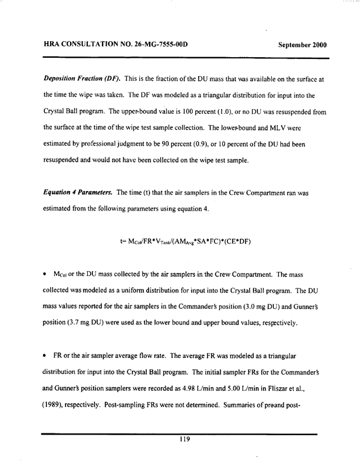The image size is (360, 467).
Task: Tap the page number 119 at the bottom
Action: (x=180, y=438)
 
